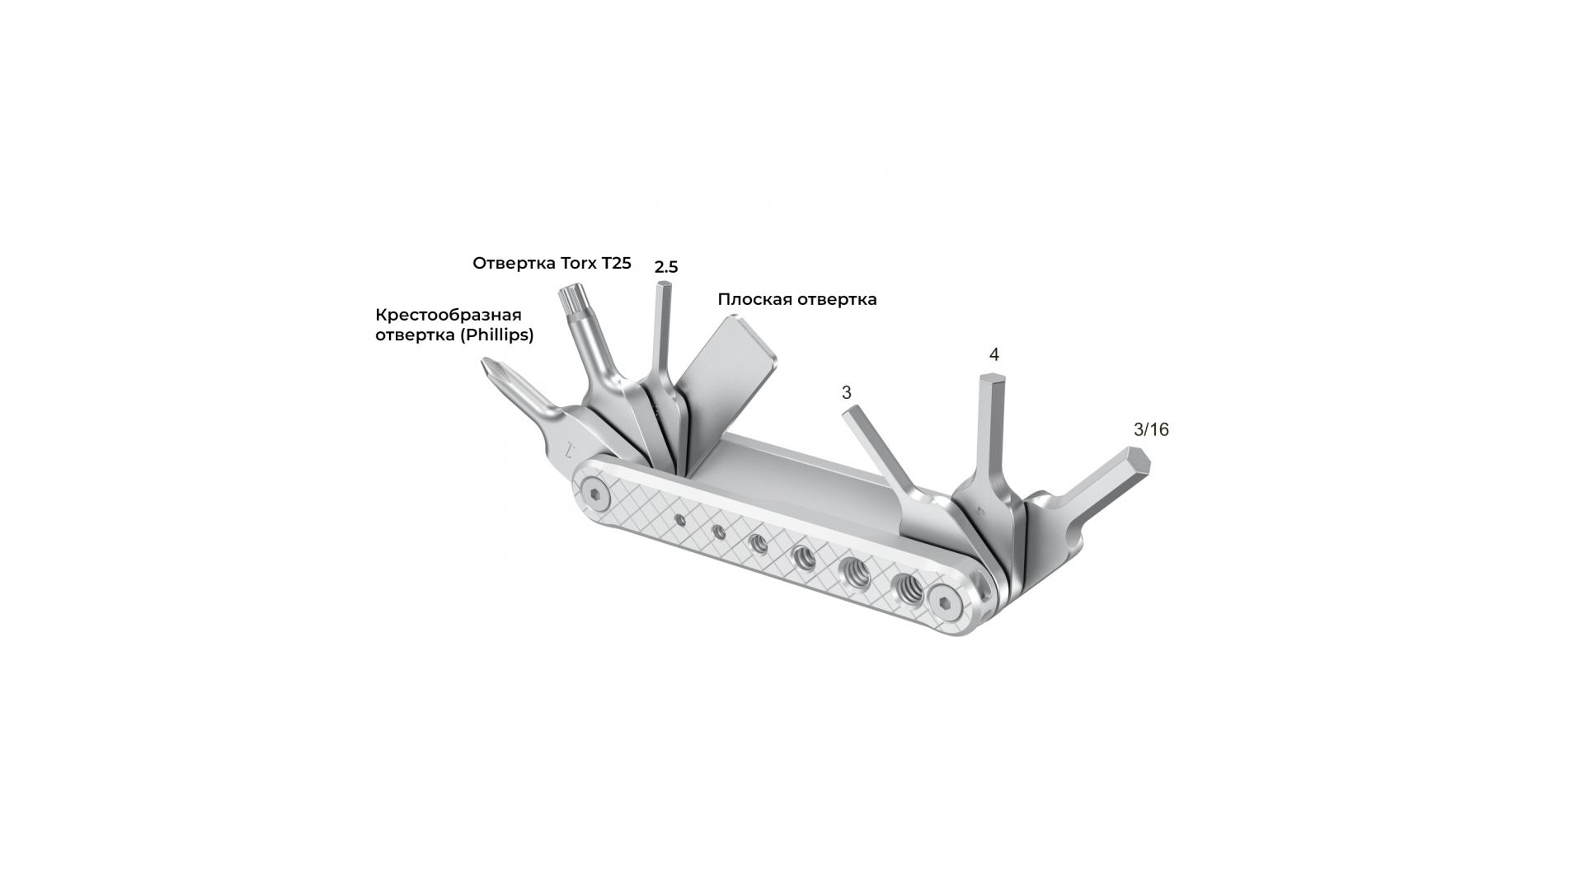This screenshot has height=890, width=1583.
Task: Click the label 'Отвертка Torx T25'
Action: [x=552, y=264]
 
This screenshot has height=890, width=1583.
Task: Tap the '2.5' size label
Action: [x=666, y=267]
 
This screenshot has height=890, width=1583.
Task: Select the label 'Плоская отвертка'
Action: [x=797, y=300]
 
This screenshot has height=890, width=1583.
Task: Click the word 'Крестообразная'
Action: [x=449, y=315]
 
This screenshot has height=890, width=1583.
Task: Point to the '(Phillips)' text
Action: [x=496, y=335]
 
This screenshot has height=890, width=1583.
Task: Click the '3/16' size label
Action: [x=1152, y=429]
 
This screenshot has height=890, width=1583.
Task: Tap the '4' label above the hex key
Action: [x=993, y=354]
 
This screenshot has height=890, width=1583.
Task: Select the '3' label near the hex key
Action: [x=846, y=392]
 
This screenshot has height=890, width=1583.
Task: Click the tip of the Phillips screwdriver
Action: [x=486, y=365]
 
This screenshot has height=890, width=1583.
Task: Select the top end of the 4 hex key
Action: [x=989, y=378]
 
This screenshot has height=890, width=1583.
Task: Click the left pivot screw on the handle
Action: [x=594, y=494]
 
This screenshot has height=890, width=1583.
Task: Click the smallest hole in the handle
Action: [x=680, y=519]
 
